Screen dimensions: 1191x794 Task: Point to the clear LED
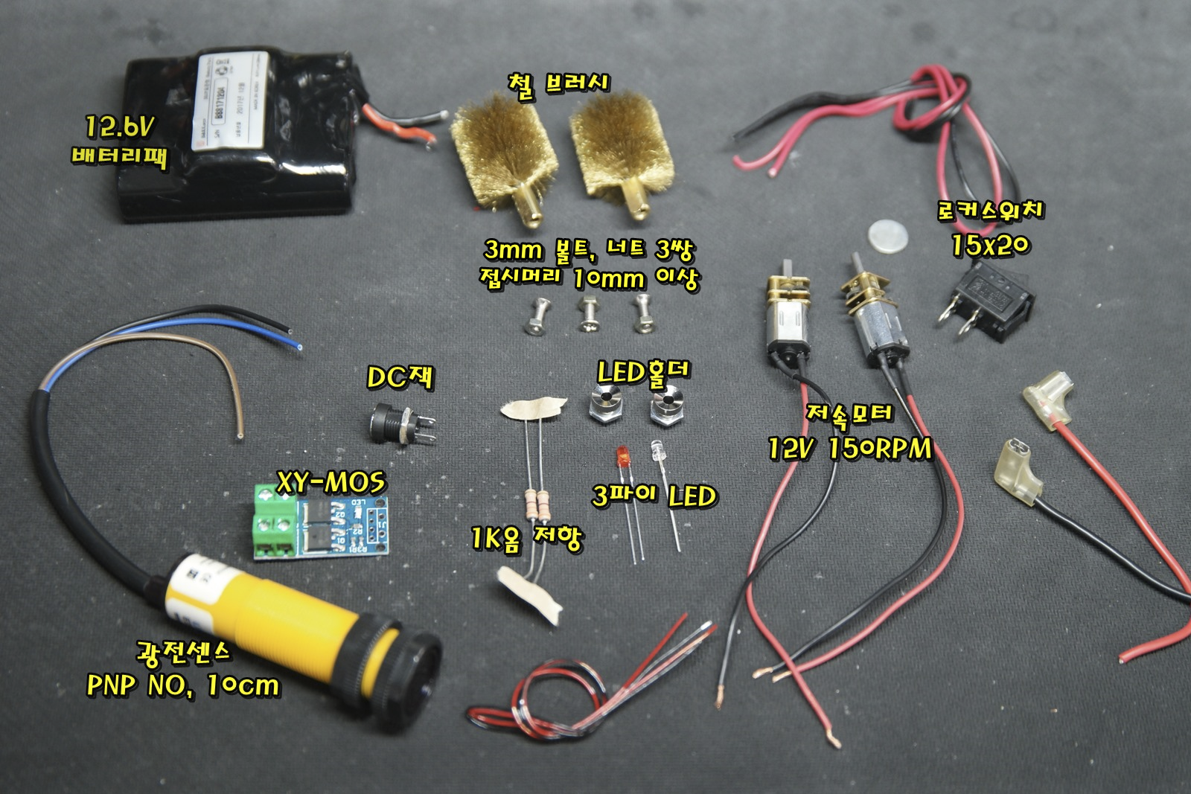(657, 449)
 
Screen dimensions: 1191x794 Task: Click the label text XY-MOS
(331, 483)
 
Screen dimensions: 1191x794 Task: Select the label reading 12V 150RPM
(849, 449)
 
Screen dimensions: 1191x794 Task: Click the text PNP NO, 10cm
(183, 685)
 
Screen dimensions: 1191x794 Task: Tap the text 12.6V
(118, 128)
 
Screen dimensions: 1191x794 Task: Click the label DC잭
(400, 378)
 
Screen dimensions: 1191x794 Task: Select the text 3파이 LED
(654, 496)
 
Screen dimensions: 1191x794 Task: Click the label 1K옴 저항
(526, 537)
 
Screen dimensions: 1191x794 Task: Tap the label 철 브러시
(558, 83)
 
